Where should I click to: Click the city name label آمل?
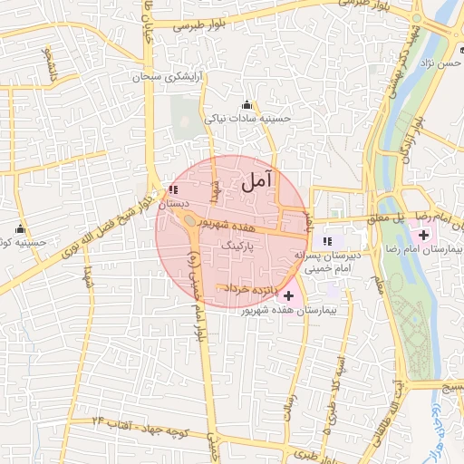point(258,181)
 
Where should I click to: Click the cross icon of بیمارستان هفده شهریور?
point(289,295)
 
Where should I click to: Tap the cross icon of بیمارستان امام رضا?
point(424,236)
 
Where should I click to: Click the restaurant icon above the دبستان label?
point(173,190)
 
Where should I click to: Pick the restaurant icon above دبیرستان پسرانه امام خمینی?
point(328,241)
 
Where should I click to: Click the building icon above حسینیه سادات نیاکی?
point(247,104)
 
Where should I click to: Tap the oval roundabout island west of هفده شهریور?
point(188,220)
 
